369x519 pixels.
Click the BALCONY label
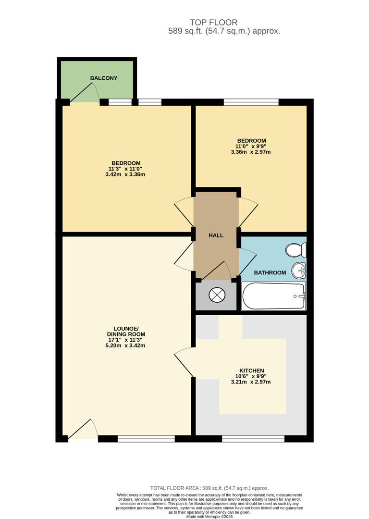coord(103,78)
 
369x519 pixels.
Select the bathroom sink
coord(299,270)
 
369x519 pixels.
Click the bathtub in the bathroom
coord(273,296)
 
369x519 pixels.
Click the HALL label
coord(216,235)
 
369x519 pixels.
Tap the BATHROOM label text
coord(270,272)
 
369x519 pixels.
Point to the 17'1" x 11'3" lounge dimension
coord(125,340)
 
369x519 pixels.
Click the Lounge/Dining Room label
coord(125,331)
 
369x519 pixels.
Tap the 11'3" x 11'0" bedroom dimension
coord(125,169)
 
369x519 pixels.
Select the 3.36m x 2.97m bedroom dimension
coord(250,152)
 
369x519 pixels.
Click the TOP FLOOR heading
coord(213,23)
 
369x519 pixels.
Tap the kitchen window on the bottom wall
coord(253,438)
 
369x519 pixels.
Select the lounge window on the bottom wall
coord(146,438)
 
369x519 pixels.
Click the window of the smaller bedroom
coord(251,102)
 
